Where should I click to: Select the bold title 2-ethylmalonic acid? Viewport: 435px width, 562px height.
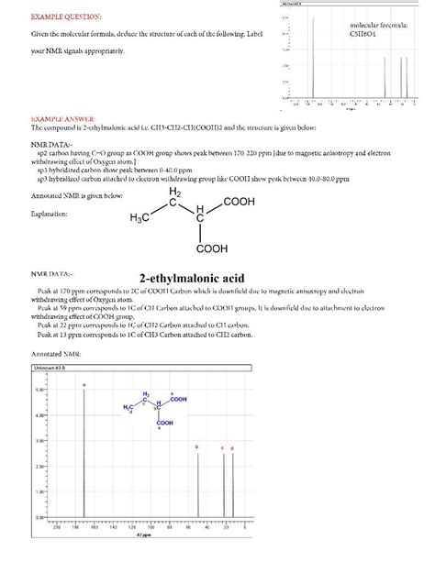pyautogui.click(x=195, y=277)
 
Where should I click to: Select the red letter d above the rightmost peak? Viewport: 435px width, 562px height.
pyautogui.click(x=232, y=446)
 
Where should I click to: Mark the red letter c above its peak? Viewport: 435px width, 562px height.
pyautogui.click(x=222, y=446)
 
